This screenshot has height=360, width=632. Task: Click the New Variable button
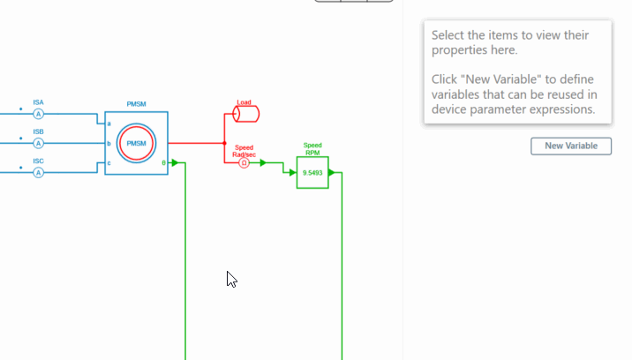click(571, 146)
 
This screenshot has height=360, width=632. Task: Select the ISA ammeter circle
click(38, 114)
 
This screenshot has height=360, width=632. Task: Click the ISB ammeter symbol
click(38, 143)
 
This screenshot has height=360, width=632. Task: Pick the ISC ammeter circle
click(38, 173)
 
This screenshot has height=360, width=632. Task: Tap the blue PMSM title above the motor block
click(136, 104)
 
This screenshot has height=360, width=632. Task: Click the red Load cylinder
click(246, 114)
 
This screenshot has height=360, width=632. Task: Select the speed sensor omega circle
click(244, 163)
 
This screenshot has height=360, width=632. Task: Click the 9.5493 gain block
click(312, 173)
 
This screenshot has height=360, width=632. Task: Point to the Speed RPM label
click(312, 149)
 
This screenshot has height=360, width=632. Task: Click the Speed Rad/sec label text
click(244, 151)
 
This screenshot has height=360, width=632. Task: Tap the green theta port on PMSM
click(163, 163)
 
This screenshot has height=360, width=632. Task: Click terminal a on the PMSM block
click(109, 124)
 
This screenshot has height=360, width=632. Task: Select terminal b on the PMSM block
click(109, 143)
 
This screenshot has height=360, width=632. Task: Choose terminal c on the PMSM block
click(109, 163)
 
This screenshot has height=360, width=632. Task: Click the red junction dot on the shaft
click(224, 143)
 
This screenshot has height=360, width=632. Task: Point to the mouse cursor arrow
click(231, 279)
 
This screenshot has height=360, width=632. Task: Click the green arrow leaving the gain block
click(332, 173)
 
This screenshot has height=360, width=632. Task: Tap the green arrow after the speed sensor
click(263, 163)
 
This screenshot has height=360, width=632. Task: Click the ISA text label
click(38, 102)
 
